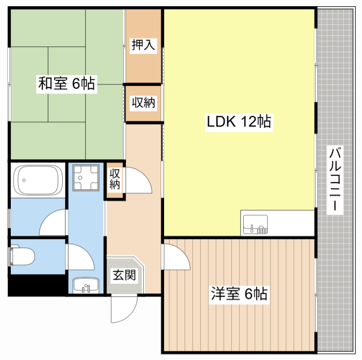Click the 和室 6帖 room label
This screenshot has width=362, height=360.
point(66,84)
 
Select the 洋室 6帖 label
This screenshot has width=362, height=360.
point(239,294)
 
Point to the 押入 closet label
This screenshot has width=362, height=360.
point(143,46)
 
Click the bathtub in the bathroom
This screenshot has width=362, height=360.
point(38,180)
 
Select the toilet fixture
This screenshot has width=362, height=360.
point(21,256)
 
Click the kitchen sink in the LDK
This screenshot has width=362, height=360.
point(256,224)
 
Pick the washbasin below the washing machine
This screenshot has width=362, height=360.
point(86,285)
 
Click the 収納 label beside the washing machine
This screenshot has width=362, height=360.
point(115,179)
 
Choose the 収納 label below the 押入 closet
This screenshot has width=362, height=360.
point(143,103)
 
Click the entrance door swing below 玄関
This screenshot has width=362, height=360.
point(124,308)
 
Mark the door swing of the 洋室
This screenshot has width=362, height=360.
point(176,258)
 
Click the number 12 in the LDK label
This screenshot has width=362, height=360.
point(249,121)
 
